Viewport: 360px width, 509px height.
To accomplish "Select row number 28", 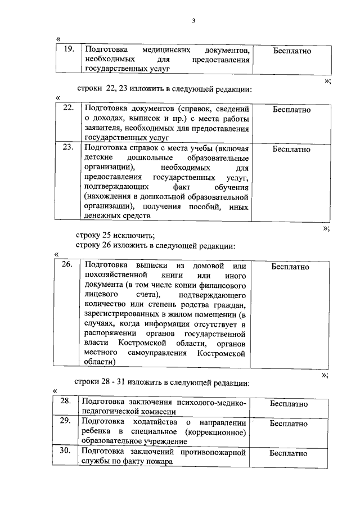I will [x=65, y=403].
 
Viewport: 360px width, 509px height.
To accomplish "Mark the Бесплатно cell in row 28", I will [x=289, y=404].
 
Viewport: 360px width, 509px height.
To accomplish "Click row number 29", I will [x=65, y=421].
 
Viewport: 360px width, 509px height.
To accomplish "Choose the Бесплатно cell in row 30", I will [x=289, y=453].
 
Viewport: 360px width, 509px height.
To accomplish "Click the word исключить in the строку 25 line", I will [x=134, y=236].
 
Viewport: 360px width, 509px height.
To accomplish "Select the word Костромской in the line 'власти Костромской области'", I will [x=147, y=343].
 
